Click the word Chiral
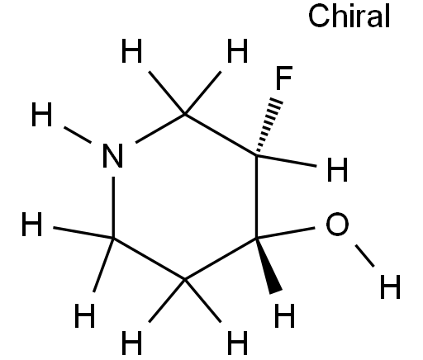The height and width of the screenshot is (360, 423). [349, 16]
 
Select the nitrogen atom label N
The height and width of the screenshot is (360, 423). [112, 156]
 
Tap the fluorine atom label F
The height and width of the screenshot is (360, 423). [283, 78]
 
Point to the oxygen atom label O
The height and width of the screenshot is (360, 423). [337, 224]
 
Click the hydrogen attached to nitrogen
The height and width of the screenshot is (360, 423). [41, 114]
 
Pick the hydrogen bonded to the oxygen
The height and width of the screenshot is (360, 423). [390, 287]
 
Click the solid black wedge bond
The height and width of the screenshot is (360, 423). [269, 266]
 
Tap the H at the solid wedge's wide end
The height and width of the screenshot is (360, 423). [285, 315]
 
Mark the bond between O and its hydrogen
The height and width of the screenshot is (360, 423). [364, 256]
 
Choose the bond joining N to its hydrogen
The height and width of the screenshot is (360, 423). [78, 135]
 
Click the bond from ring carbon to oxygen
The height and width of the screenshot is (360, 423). [286, 233]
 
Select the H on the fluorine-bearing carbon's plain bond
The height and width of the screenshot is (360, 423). [337, 170]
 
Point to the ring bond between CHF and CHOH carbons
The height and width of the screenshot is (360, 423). [256, 197]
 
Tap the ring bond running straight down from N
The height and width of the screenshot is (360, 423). [113, 207]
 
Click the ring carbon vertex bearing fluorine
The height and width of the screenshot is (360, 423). [256, 156]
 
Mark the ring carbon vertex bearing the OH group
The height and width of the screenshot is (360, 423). [256, 238]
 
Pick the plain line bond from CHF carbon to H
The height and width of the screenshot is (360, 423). [287, 161]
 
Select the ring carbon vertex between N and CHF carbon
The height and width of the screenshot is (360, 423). [185, 114]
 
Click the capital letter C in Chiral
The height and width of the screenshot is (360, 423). [319, 16]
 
